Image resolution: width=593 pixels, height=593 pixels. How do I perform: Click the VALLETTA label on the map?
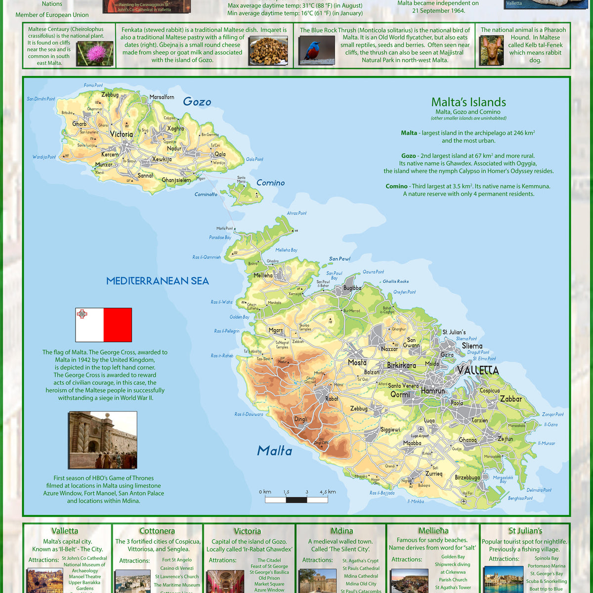click(x=478, y=370)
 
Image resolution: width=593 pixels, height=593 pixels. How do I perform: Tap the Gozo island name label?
click(x=197, y=102)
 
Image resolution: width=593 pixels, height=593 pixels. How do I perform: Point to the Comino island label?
click(x=270, y=183)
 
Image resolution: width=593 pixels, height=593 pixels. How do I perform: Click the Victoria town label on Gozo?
click(x=121, y=134)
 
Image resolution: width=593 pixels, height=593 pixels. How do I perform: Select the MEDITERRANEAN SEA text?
click(x=158, y=281)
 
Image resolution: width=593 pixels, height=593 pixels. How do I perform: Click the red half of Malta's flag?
click(x=118, y=325)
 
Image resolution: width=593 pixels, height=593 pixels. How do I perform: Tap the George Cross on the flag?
click(x=82, y=314)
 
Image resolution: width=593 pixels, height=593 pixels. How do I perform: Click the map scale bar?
click(x=296, y=500)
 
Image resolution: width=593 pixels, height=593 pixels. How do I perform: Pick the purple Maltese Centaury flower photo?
click(x=94, y=54)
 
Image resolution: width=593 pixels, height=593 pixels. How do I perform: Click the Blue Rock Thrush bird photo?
click(x=317, y=50)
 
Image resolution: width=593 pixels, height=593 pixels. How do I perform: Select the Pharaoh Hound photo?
click(x=491, y=50)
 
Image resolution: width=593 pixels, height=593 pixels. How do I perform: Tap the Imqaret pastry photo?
click(x=268, y=50)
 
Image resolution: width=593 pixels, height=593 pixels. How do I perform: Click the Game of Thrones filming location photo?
click(x=102, y=440)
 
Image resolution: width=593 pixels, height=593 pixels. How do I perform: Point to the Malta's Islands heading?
click(x=468, y=102)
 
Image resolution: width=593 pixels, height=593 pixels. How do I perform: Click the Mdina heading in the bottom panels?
click(x=341, y=531)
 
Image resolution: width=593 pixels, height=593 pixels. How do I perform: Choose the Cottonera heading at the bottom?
click(x=157, y=531)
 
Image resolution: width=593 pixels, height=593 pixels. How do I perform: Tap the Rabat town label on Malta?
click(x=332, y=399)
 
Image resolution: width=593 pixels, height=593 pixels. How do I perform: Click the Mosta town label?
click(x=357, y=363)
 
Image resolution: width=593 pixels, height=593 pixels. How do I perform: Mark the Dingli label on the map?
click(x=300, y=419)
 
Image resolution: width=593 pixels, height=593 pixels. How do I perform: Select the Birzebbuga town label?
click(x=467, y=477)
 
